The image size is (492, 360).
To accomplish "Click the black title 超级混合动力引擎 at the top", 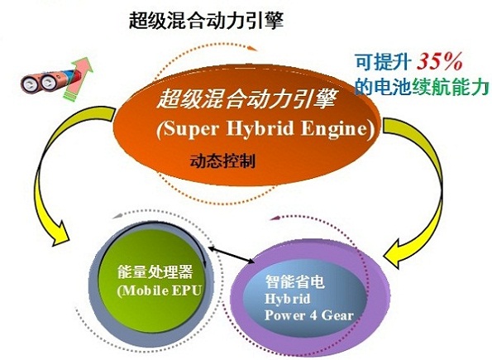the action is pos(207,21).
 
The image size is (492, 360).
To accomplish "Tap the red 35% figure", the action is pos(440,61).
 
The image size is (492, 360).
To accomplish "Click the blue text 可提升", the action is pos(383,61).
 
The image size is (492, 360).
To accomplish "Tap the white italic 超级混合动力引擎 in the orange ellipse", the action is pos(246,98).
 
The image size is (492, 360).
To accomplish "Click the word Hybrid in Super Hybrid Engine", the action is pos(260,128).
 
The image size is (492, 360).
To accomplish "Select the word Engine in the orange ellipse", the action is pos(334,129).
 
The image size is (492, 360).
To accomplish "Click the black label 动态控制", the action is pos(222,161).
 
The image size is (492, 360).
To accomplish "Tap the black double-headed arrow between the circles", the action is pos(232,254).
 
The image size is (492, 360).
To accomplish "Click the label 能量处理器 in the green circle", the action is pos(155,271).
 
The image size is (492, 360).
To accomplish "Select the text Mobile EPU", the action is pos(161,290).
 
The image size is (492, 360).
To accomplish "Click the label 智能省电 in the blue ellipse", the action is pos(294,281).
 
